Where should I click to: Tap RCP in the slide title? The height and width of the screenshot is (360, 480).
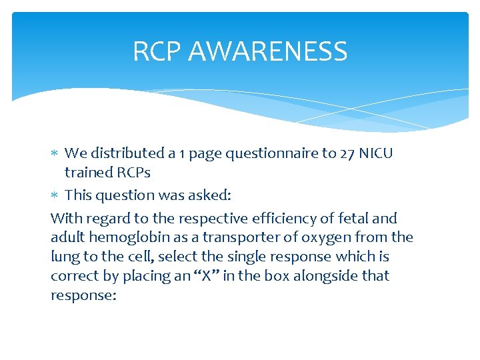point(153,51)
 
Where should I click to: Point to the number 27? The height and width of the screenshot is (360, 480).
point(347,153)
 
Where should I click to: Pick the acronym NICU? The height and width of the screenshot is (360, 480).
point(376,153)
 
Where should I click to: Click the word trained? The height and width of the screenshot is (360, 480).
point(87,173)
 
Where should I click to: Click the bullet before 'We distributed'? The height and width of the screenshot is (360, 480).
point(55,154)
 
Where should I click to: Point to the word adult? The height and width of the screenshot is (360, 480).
point(69,237)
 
